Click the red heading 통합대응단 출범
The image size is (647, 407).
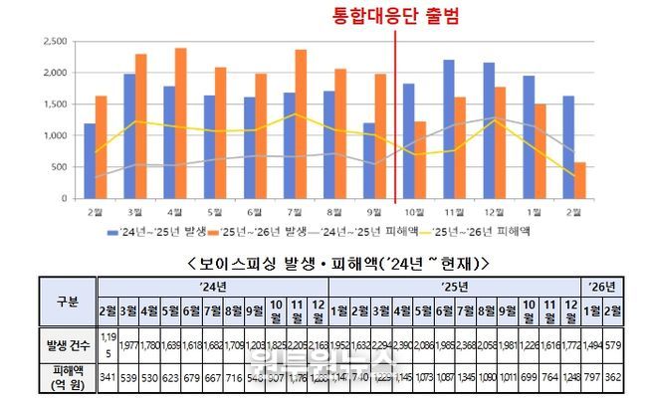click(x=395, y=16)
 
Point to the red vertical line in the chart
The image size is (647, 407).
click(x=396, y=119)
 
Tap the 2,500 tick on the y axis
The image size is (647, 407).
click(x=54, y=41)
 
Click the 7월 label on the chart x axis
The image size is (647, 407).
click(x=287, y=212)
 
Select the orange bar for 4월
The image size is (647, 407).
click(x=181, y=122)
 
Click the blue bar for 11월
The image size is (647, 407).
click(x=449, y=128)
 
